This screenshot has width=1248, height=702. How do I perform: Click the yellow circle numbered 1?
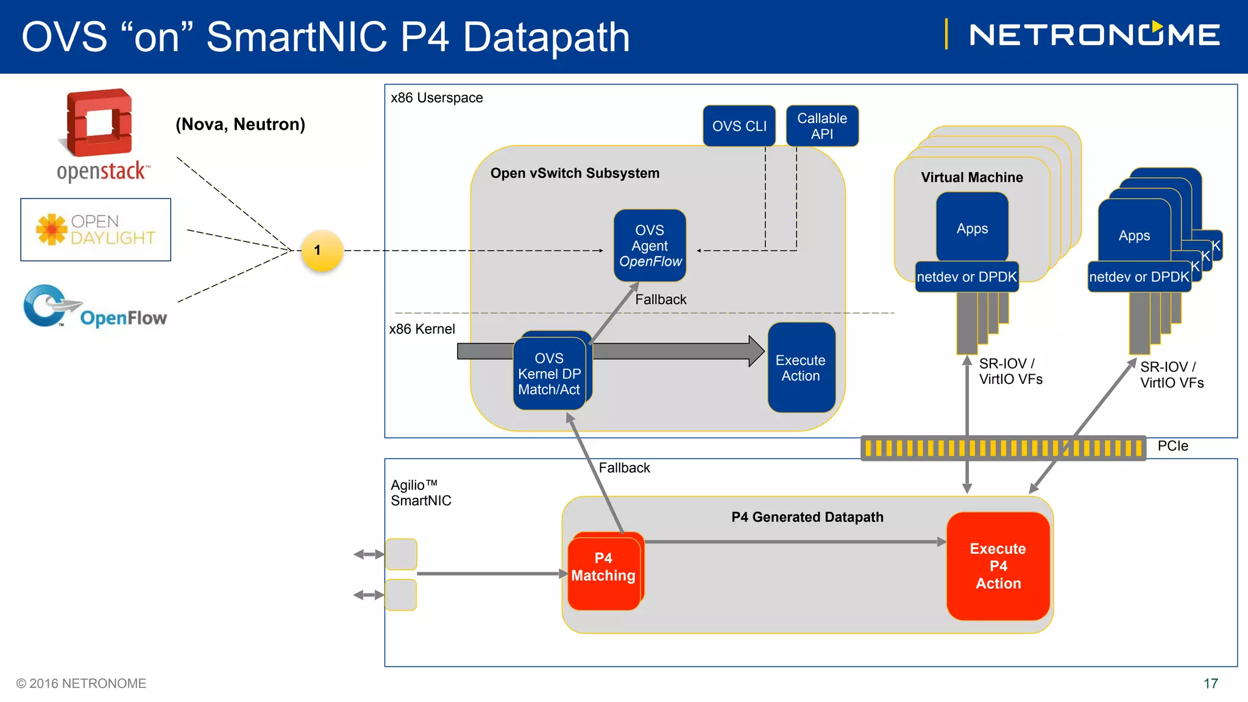coord(322,250)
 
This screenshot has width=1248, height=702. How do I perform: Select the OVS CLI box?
coord(739,126)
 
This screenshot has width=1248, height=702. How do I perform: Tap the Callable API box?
coord(822,126)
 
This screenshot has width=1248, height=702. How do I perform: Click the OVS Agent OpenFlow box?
coord(650,246)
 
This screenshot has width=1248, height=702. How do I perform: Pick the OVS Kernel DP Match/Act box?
coord(550,373)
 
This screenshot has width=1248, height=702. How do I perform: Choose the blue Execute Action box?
coord(801,367)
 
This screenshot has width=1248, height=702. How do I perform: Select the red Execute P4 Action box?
coord(998,566)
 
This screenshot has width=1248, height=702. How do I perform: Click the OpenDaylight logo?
coord(96,230)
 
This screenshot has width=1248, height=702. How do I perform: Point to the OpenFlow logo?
coord(95,307)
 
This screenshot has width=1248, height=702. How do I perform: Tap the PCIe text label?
coord(1173,446)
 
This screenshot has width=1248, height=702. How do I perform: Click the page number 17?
coord(1211,684)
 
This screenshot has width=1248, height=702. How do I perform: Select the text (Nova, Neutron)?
coord(240,124)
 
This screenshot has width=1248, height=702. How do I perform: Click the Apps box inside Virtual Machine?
coord(972,228)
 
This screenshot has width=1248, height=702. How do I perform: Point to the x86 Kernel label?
coord(422,329)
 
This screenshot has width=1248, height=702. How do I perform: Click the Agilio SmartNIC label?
coord(421,492)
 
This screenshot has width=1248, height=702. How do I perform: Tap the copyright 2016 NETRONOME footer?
coord(81,684)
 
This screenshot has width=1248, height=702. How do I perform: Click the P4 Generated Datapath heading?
coord(807,517)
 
